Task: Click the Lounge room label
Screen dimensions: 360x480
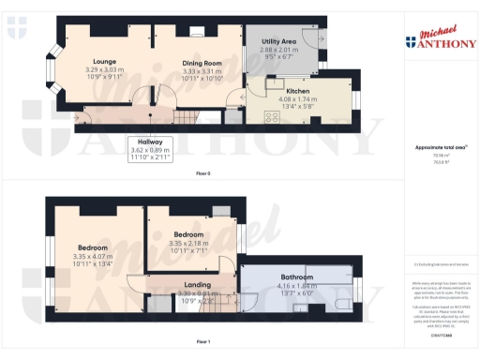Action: pyautogui.click(x=105, y=61)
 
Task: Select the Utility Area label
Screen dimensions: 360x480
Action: pyautogui.click(x=279, y=42)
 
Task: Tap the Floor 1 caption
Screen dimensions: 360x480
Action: pyautogui.click(x=203, y=341)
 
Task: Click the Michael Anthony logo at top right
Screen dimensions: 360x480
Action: pyautogui.click(x=435, y=36)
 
